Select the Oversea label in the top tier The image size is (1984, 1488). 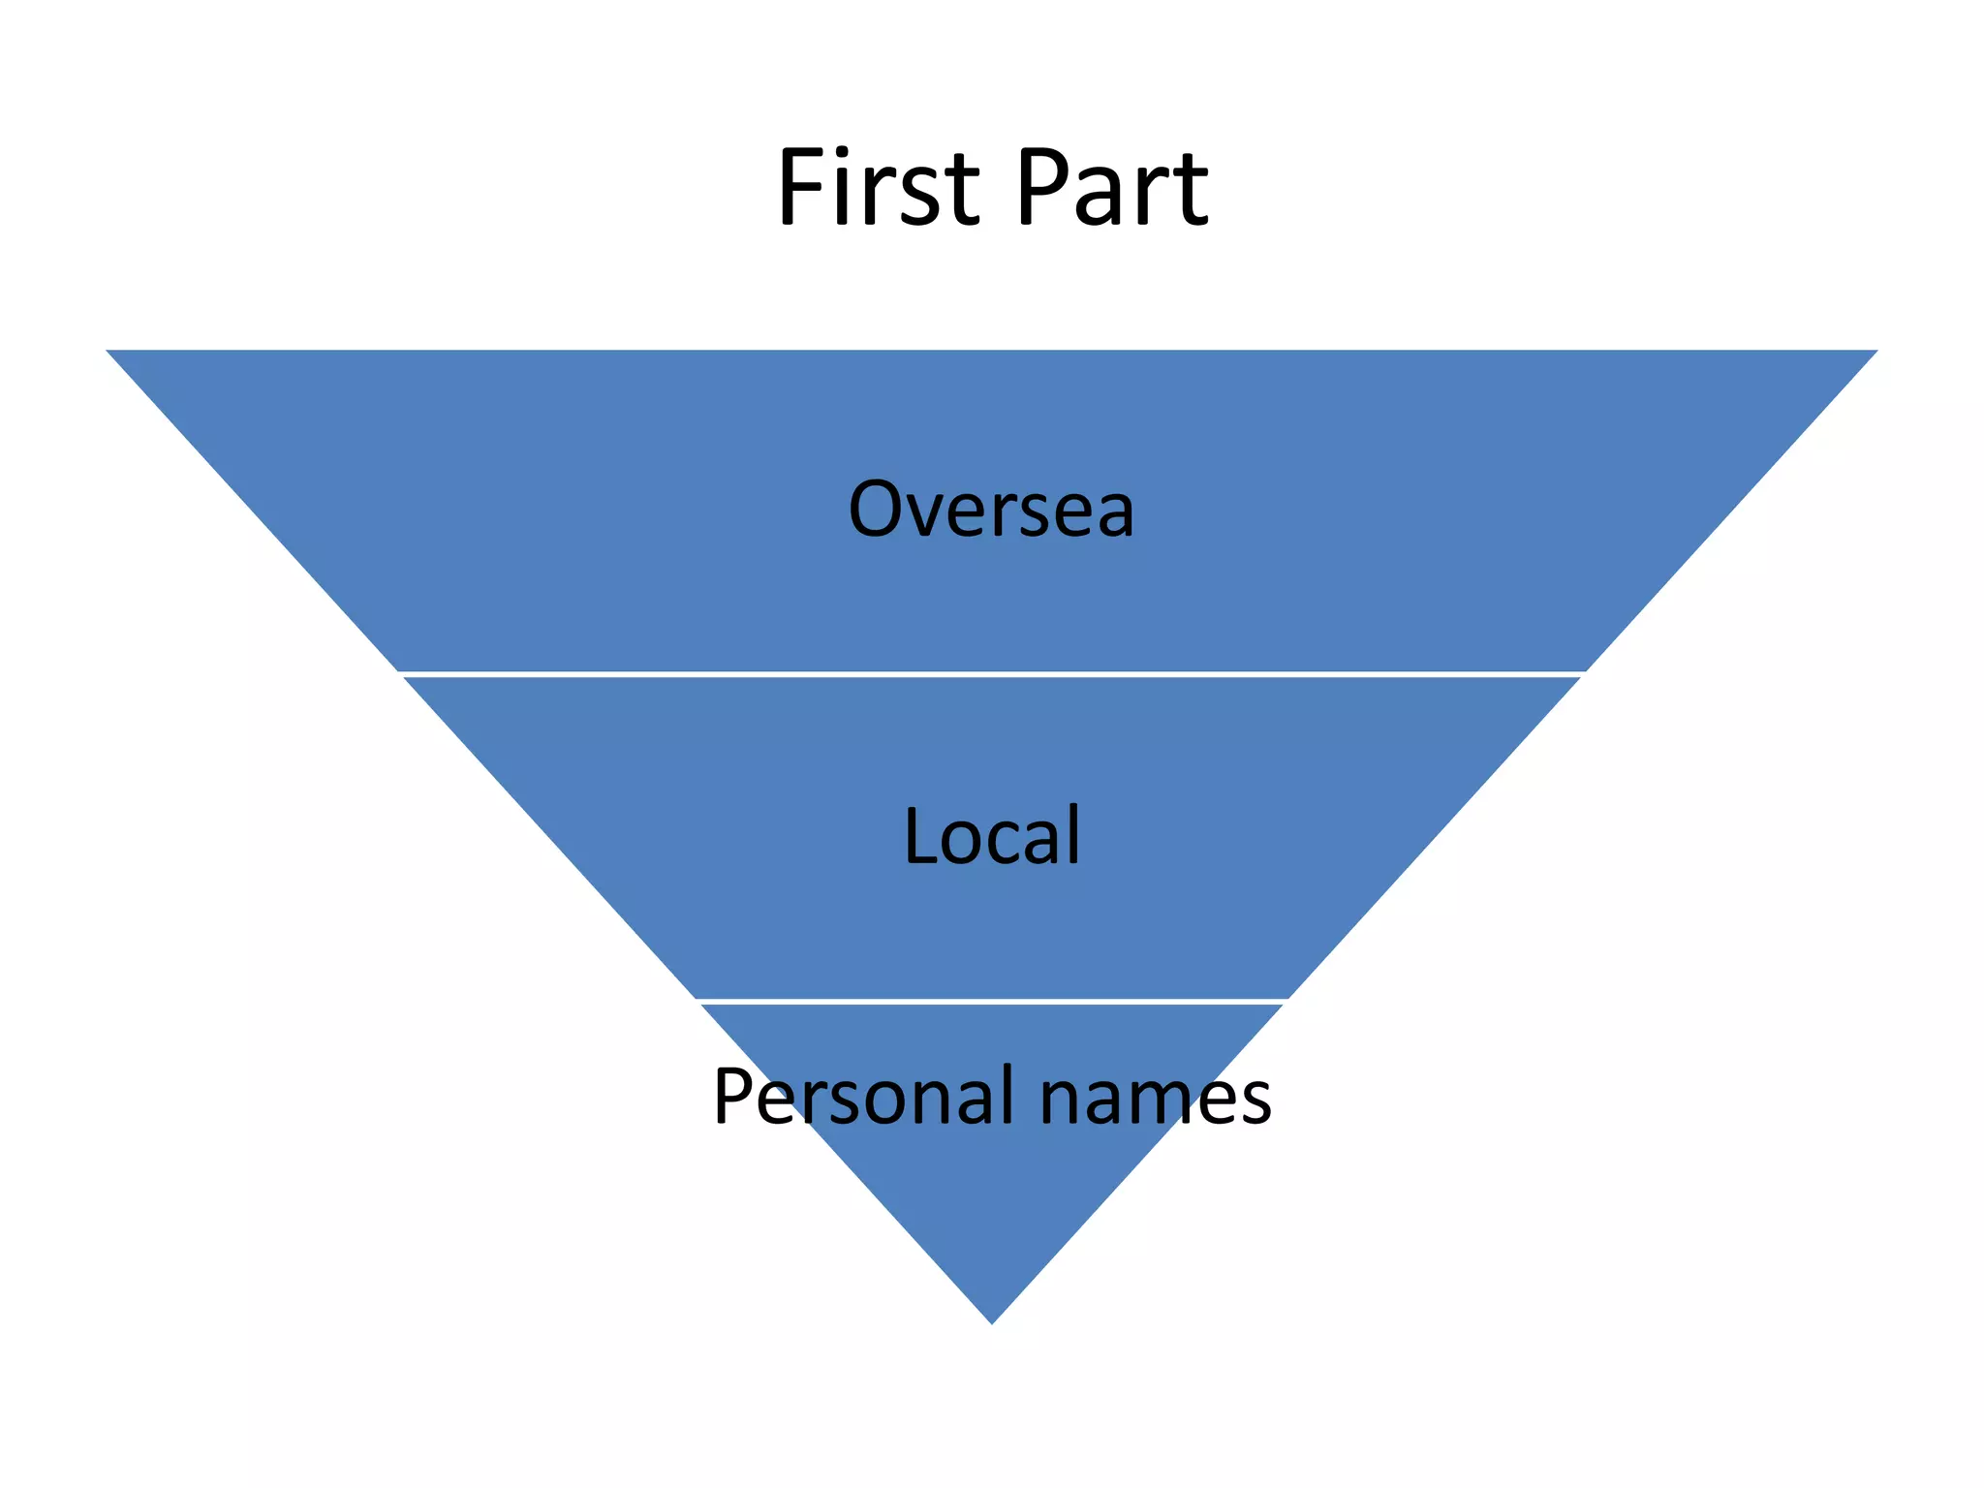991,509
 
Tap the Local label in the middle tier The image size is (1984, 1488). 991,835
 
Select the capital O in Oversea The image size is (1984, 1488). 879,509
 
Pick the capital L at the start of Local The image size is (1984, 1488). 920,835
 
